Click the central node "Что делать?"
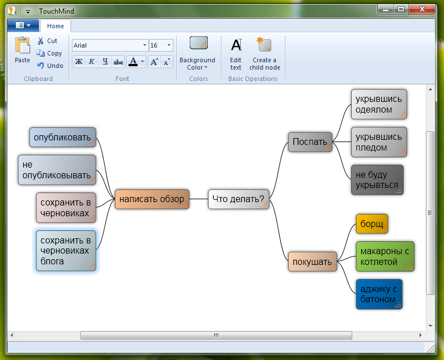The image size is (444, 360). tap(238, 199)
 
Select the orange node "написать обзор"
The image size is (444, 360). tap(152, 199)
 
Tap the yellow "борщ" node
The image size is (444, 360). tap(372, 224)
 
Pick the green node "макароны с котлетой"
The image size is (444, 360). tap(385, 256)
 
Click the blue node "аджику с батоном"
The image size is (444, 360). tap(379, 294)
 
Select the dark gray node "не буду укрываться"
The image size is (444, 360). tap(377, 180)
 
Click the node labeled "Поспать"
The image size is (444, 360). tap(310, 142)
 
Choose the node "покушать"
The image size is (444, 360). tap(313, 262)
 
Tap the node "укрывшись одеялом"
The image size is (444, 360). tap(379, 104)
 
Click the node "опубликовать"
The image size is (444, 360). tap(62, 137)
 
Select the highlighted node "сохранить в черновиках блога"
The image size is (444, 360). tap(66, 251)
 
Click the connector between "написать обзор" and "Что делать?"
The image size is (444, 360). tap(198, 199)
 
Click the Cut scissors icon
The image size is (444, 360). tap(41, 41)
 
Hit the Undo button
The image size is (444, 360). tap(50, 66)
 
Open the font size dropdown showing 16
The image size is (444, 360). tap(169, 45)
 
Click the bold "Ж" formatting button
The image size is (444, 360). tap(79, 61)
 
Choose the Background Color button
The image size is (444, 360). tap(197, 54)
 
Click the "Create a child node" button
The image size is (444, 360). tap(265, 54)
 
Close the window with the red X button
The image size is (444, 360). tap(422, 9)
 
